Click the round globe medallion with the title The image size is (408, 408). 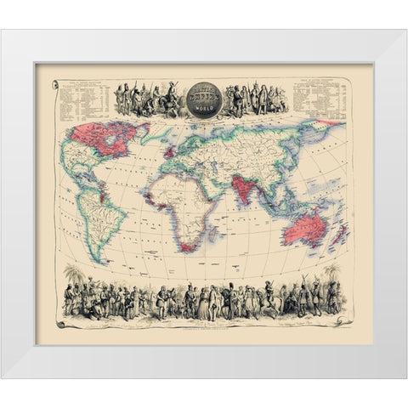(204, 96)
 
